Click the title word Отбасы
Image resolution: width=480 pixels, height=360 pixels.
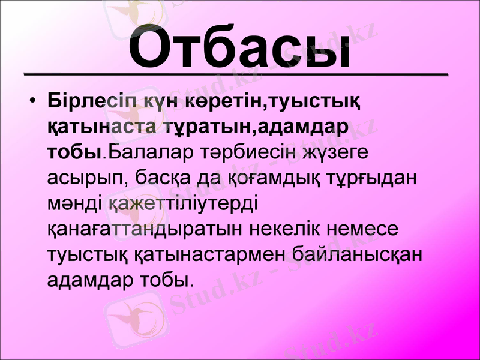[x=239, y=46]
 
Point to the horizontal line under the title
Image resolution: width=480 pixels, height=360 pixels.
[x=235, y=74]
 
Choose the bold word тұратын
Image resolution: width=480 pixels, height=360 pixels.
[x=201, y=127]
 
